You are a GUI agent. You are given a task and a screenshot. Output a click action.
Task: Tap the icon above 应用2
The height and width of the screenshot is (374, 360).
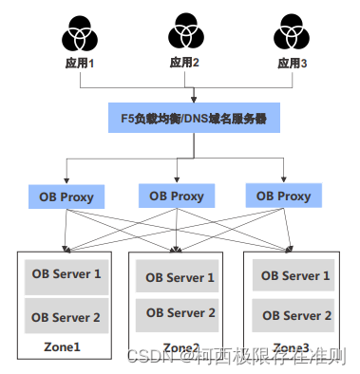[x=184, y=32]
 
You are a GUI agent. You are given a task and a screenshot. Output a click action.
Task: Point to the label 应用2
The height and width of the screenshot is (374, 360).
[x=184, y=64]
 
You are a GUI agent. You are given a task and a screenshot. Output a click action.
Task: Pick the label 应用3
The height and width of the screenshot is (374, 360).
[x=291, y=64]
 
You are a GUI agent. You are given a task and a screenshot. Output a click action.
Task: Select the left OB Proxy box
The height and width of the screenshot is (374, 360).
[x=66, y=197]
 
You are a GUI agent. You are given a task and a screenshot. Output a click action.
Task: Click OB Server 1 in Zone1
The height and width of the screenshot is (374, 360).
[x=66, y=273]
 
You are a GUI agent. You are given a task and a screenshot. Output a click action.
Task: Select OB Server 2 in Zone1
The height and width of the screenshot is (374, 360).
[x=66, y=317]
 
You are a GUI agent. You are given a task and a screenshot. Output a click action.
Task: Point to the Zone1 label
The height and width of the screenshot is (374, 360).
[x=62, y=346]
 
